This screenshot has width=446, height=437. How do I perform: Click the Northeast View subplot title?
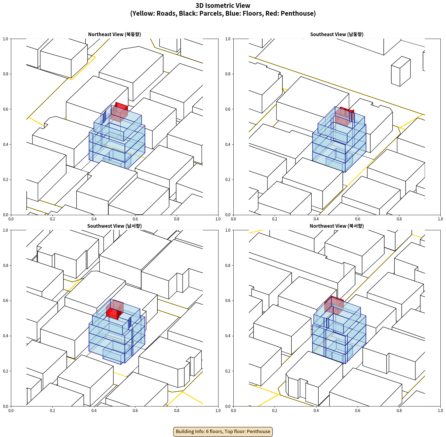tap(114, 34)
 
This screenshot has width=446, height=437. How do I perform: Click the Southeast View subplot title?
tap(337, 34)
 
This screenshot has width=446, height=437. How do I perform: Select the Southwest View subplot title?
tap(114, 226)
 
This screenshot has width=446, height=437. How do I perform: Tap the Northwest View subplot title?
tap(337, 226)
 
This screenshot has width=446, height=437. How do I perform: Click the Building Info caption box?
tap(223, 431)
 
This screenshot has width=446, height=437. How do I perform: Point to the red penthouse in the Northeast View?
tap(119, 112)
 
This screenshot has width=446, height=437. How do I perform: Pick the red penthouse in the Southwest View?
tap(115, 309)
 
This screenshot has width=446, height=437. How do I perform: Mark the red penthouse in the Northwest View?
tap(334, 305)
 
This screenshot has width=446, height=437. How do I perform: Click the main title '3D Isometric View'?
tap(223, 6)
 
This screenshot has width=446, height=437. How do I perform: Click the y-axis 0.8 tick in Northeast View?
tap(6, 74)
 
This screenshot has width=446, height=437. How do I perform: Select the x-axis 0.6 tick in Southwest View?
tap(135, 411)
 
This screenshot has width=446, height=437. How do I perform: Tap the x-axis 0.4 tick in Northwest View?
tap(316, 411)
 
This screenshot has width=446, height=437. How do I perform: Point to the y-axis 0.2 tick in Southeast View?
tap(228, 180)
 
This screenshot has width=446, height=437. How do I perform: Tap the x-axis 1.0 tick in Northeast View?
tap(218, 219)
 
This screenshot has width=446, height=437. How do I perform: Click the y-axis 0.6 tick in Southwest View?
tap(6, 301)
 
